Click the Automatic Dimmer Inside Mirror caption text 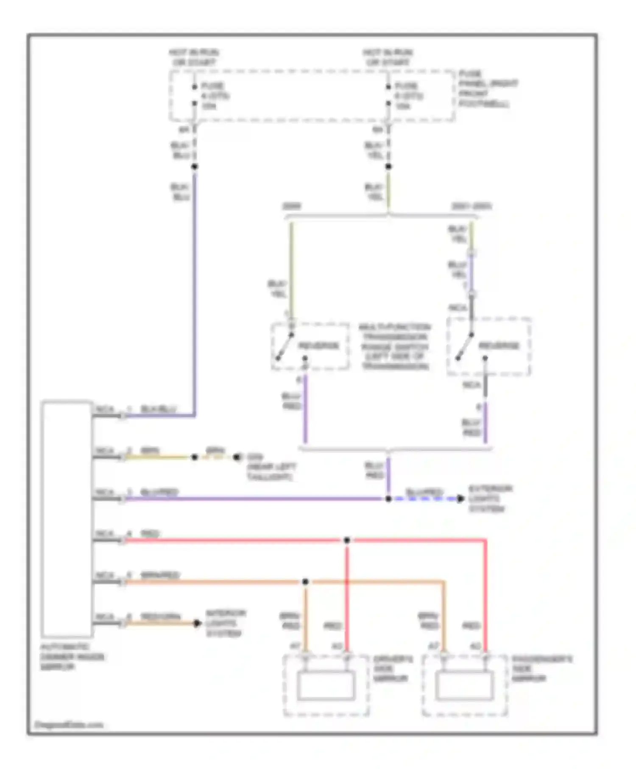(x=72, y=657)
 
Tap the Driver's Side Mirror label (x=392, y=669)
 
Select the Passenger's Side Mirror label (x=541, y=669)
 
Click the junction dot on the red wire (x=347, y=540)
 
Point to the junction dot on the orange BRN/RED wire (x=305, y=582)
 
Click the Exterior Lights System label (x=490, y=499)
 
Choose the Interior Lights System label (x=225, y=623)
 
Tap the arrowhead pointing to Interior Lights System (x=197, y=623)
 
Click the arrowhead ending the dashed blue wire (x=461, y=499)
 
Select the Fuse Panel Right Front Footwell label (x=488, y=89)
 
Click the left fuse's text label (x=214, y=96)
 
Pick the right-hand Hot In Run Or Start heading (x=388, y=57)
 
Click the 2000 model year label (x=292, y=206)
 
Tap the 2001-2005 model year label (x=471, y=206)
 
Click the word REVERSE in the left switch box (x=319, y=345)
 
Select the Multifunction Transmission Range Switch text (x=394, y=347)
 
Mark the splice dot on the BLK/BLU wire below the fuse (x=195, y=167)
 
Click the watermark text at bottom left (x=69, y=725)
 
